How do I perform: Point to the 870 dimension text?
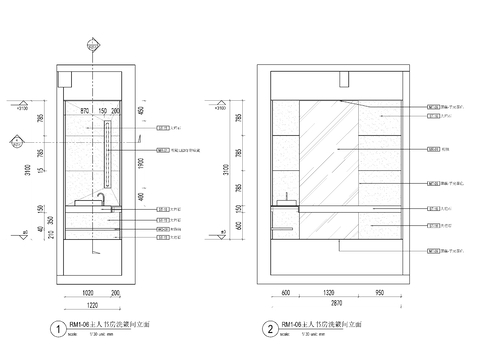[85, 110]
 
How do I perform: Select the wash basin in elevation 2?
[284, 202]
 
